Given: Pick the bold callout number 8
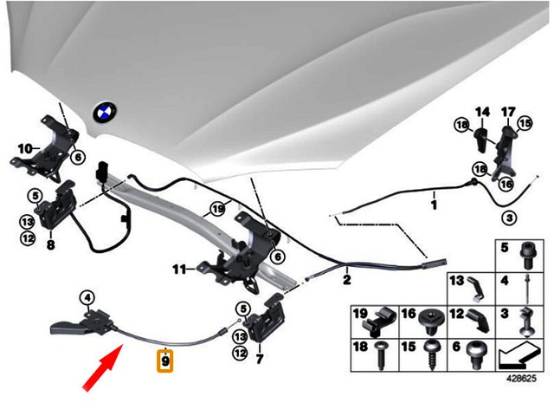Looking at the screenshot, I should click(51, 245).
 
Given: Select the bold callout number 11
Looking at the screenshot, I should click(178, 270).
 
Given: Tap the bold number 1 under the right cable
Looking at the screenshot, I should click(435, 207).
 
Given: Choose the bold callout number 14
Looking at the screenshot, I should click(482, 111).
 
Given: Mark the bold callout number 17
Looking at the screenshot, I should click(508, 111).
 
